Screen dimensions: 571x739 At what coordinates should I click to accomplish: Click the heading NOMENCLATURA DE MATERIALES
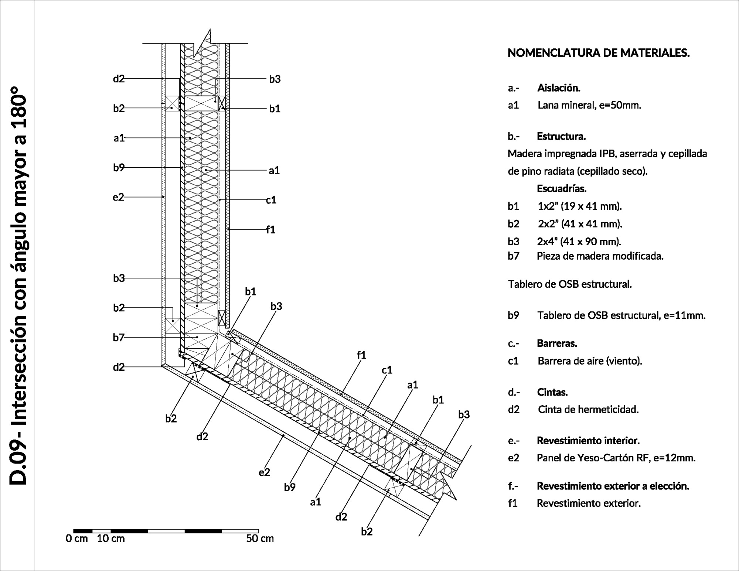click(x=598, y=53)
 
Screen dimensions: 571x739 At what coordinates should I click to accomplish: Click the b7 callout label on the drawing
click(x=119, y=338)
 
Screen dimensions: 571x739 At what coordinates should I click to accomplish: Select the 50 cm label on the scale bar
click(x=260, y=538)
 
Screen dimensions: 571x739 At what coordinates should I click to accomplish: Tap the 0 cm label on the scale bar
click(x=77, y=538)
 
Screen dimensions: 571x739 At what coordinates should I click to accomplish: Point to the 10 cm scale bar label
click(x=111, y=538)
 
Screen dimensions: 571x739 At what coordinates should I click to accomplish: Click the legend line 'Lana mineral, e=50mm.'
click(x=589, y=105)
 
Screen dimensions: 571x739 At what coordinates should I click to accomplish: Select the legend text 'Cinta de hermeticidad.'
click(x=588, y=409)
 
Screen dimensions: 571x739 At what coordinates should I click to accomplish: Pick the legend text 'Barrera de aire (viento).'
click(x=590, y=361)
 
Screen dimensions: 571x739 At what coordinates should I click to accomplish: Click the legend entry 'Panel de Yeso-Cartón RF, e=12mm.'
click(x=616, y=458)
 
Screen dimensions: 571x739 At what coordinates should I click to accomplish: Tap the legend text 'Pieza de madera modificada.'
click(x=600, y=256)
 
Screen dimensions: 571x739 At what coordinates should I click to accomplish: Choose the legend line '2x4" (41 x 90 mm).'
click(x=579, y=242)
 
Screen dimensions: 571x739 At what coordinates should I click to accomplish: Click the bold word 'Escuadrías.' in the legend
click(x=562, y=189)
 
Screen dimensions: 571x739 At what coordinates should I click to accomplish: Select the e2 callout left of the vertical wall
click(x=118, y=197)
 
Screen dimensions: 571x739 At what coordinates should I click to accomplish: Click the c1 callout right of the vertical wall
click(x=271, y=200)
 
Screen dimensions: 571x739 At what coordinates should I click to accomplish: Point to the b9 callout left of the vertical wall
click(x=119, y=168)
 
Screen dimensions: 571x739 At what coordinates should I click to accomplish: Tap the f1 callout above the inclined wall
click(x=361, y=355)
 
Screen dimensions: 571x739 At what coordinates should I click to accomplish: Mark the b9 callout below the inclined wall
click(x=290, y=488)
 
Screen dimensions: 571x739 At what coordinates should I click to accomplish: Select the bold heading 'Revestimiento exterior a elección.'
click(x=613, y=486)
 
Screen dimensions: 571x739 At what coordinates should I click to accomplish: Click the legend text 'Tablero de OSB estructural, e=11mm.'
click(x=621, y=315)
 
